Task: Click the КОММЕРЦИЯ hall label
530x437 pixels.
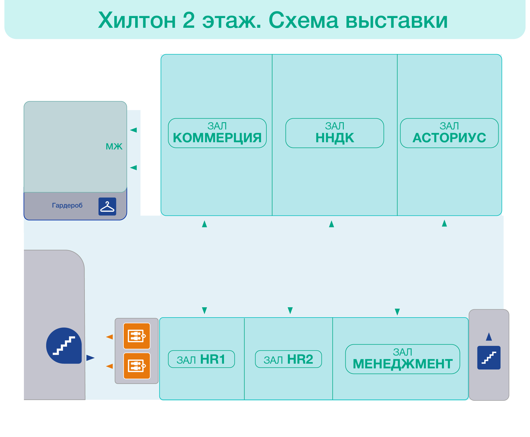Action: [217, 133]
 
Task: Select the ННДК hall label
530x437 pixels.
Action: [335, 133]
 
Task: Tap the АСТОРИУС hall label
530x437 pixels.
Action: [449, 133]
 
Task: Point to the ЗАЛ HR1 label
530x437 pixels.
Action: [201, 359]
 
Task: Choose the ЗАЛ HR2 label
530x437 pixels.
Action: [288, 359]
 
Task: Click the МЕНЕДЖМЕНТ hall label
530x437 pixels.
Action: [402, 359]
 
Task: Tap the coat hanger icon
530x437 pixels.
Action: [107, 206]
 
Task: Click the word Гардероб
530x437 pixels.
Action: [67, 205]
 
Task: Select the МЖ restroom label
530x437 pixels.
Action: [114, 146]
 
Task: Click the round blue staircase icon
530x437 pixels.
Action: [64, 346]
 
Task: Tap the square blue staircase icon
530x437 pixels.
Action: [489, 358]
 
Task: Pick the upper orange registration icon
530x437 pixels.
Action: [137, 336]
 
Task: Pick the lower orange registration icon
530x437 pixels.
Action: [137, 366]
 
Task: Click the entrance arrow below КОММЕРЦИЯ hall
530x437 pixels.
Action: [204, 224]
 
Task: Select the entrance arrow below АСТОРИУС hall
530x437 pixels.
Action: [444, 223]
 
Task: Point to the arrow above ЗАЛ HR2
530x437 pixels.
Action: [290, 310]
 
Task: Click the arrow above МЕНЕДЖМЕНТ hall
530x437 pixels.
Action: [397, 312]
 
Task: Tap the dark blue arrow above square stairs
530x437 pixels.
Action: [489, 337]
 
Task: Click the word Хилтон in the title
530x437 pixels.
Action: [137, 20]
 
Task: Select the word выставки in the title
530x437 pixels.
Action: [396, 20]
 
